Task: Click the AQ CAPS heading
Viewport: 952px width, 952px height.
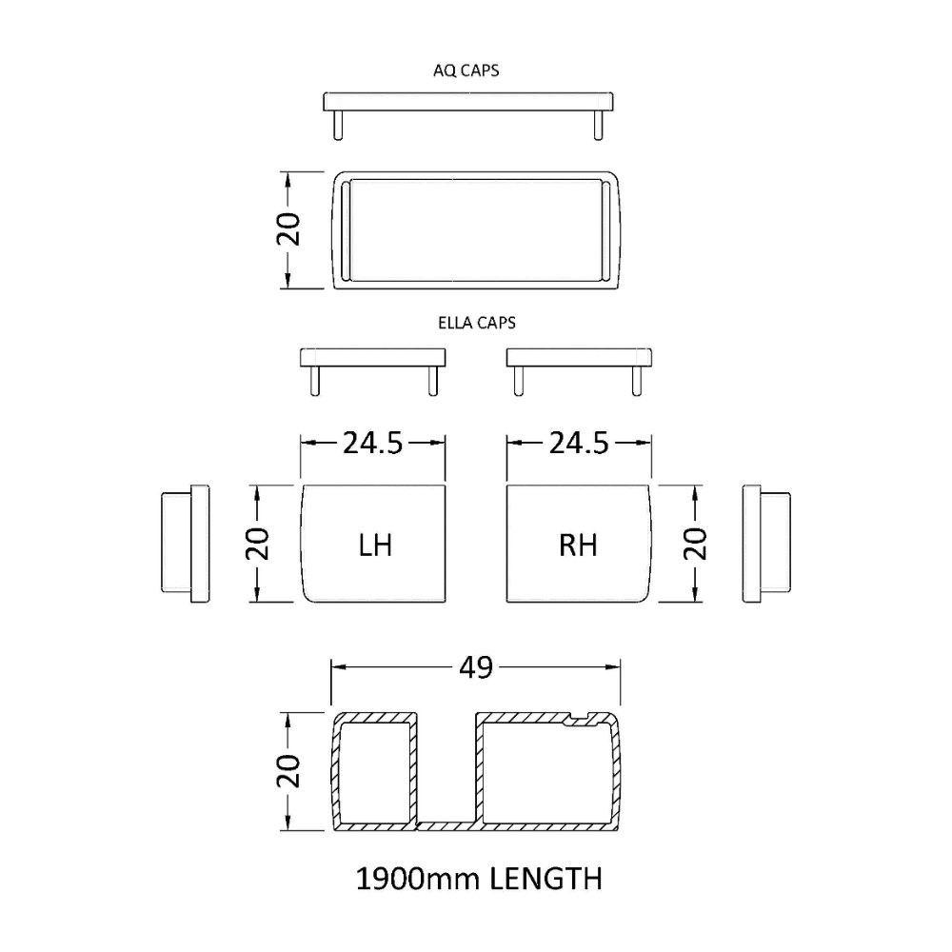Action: tap(466, 70)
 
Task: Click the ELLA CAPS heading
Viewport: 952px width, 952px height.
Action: tap(477, 323)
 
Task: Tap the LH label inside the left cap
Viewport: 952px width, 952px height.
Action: tap(375, 545)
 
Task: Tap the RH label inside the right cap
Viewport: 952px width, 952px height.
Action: tap(578, 545)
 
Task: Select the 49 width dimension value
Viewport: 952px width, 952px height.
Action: tap(476, 668)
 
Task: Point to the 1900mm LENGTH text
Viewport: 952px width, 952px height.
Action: tap(479, 879)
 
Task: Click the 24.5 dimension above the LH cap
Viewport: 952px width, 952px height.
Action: tap(373, 444)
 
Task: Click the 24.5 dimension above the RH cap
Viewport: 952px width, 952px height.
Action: tap(579, 444)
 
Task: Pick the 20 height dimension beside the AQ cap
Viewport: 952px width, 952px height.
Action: tap(288, 229)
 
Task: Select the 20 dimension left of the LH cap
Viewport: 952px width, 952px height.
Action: tap(257, 544)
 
